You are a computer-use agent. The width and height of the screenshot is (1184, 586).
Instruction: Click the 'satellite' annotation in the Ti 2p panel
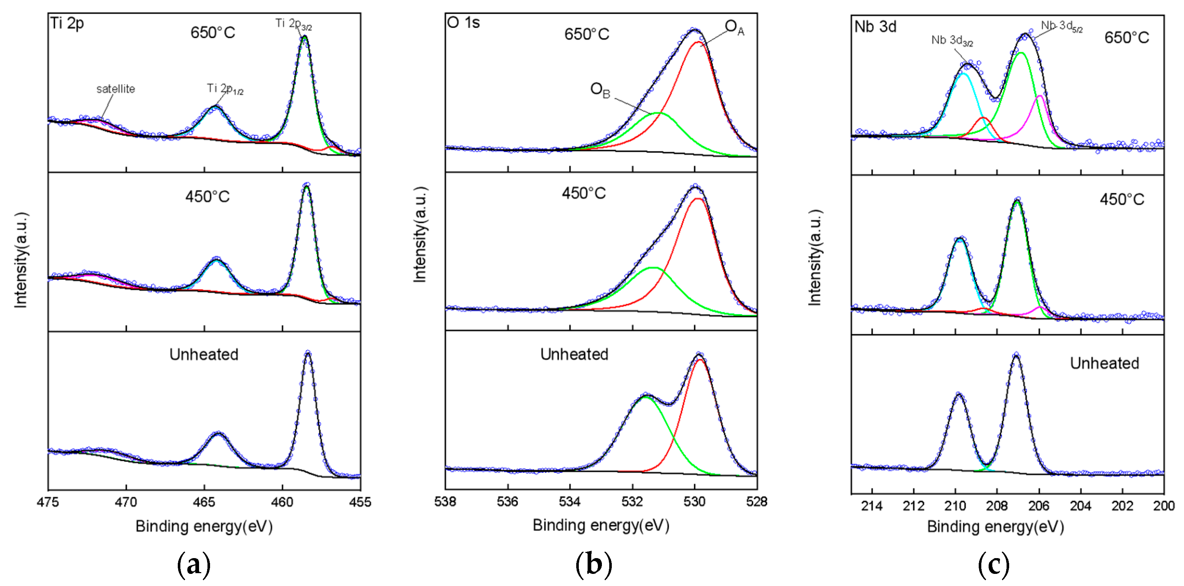[x=115, y=89]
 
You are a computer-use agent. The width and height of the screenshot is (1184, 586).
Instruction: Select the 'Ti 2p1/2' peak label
[x=225, y=88]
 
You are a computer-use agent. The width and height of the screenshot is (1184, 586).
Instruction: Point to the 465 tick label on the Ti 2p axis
[x=204, y=502]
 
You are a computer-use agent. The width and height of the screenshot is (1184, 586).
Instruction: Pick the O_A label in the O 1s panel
[x=734, y=27]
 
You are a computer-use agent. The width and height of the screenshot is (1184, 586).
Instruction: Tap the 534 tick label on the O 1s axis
[x=570, y=501]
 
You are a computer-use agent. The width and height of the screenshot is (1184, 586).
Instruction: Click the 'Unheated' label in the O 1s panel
[x=574, y=354]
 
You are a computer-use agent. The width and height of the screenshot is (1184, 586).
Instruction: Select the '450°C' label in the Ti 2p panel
[x=207, y=197]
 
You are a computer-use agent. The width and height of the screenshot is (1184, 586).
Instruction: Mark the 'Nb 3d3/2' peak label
[x=952, y=40]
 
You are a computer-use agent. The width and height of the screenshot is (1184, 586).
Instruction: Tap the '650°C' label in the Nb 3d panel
[x=1126, y=38]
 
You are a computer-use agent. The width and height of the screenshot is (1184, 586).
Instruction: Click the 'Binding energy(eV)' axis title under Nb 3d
[x=995, y=527]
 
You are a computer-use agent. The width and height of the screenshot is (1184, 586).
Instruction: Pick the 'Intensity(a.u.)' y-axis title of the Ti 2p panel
[x=21, y=260]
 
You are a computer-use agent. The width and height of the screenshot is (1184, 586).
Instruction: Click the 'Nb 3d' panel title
[x=875, y=27]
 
